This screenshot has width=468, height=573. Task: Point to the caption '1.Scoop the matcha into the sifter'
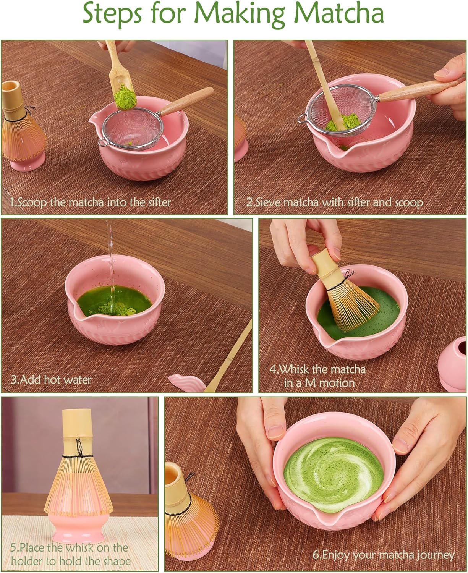pyautogui.click(x=90, y=202)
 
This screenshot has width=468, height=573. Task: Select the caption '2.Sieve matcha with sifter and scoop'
pyautogui.click(x=334, y=202)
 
